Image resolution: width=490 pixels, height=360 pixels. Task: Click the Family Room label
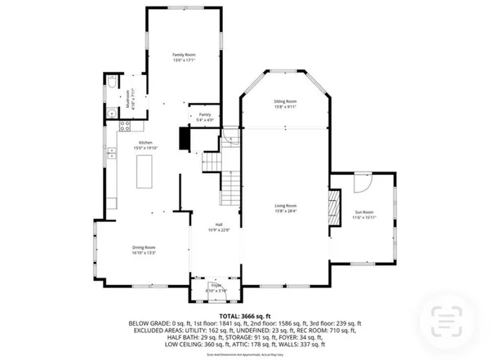[183, 56]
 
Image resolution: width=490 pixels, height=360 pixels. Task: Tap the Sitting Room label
[285, 104]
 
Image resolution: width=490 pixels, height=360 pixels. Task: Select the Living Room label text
[285, 207]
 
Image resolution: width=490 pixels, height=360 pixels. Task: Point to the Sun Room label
[363, 213]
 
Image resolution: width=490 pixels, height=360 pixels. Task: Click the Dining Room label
[144, 249]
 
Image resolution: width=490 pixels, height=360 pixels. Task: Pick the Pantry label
[205, 117]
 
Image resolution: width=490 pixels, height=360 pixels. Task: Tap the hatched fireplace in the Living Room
[332, 207]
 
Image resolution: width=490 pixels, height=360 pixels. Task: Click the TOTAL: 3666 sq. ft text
[244, 315]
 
